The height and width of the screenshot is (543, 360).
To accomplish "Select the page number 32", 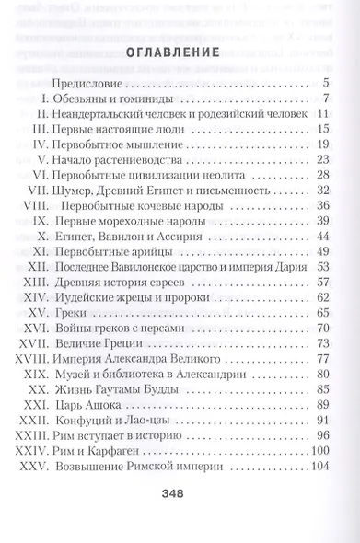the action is tap(322, 191).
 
